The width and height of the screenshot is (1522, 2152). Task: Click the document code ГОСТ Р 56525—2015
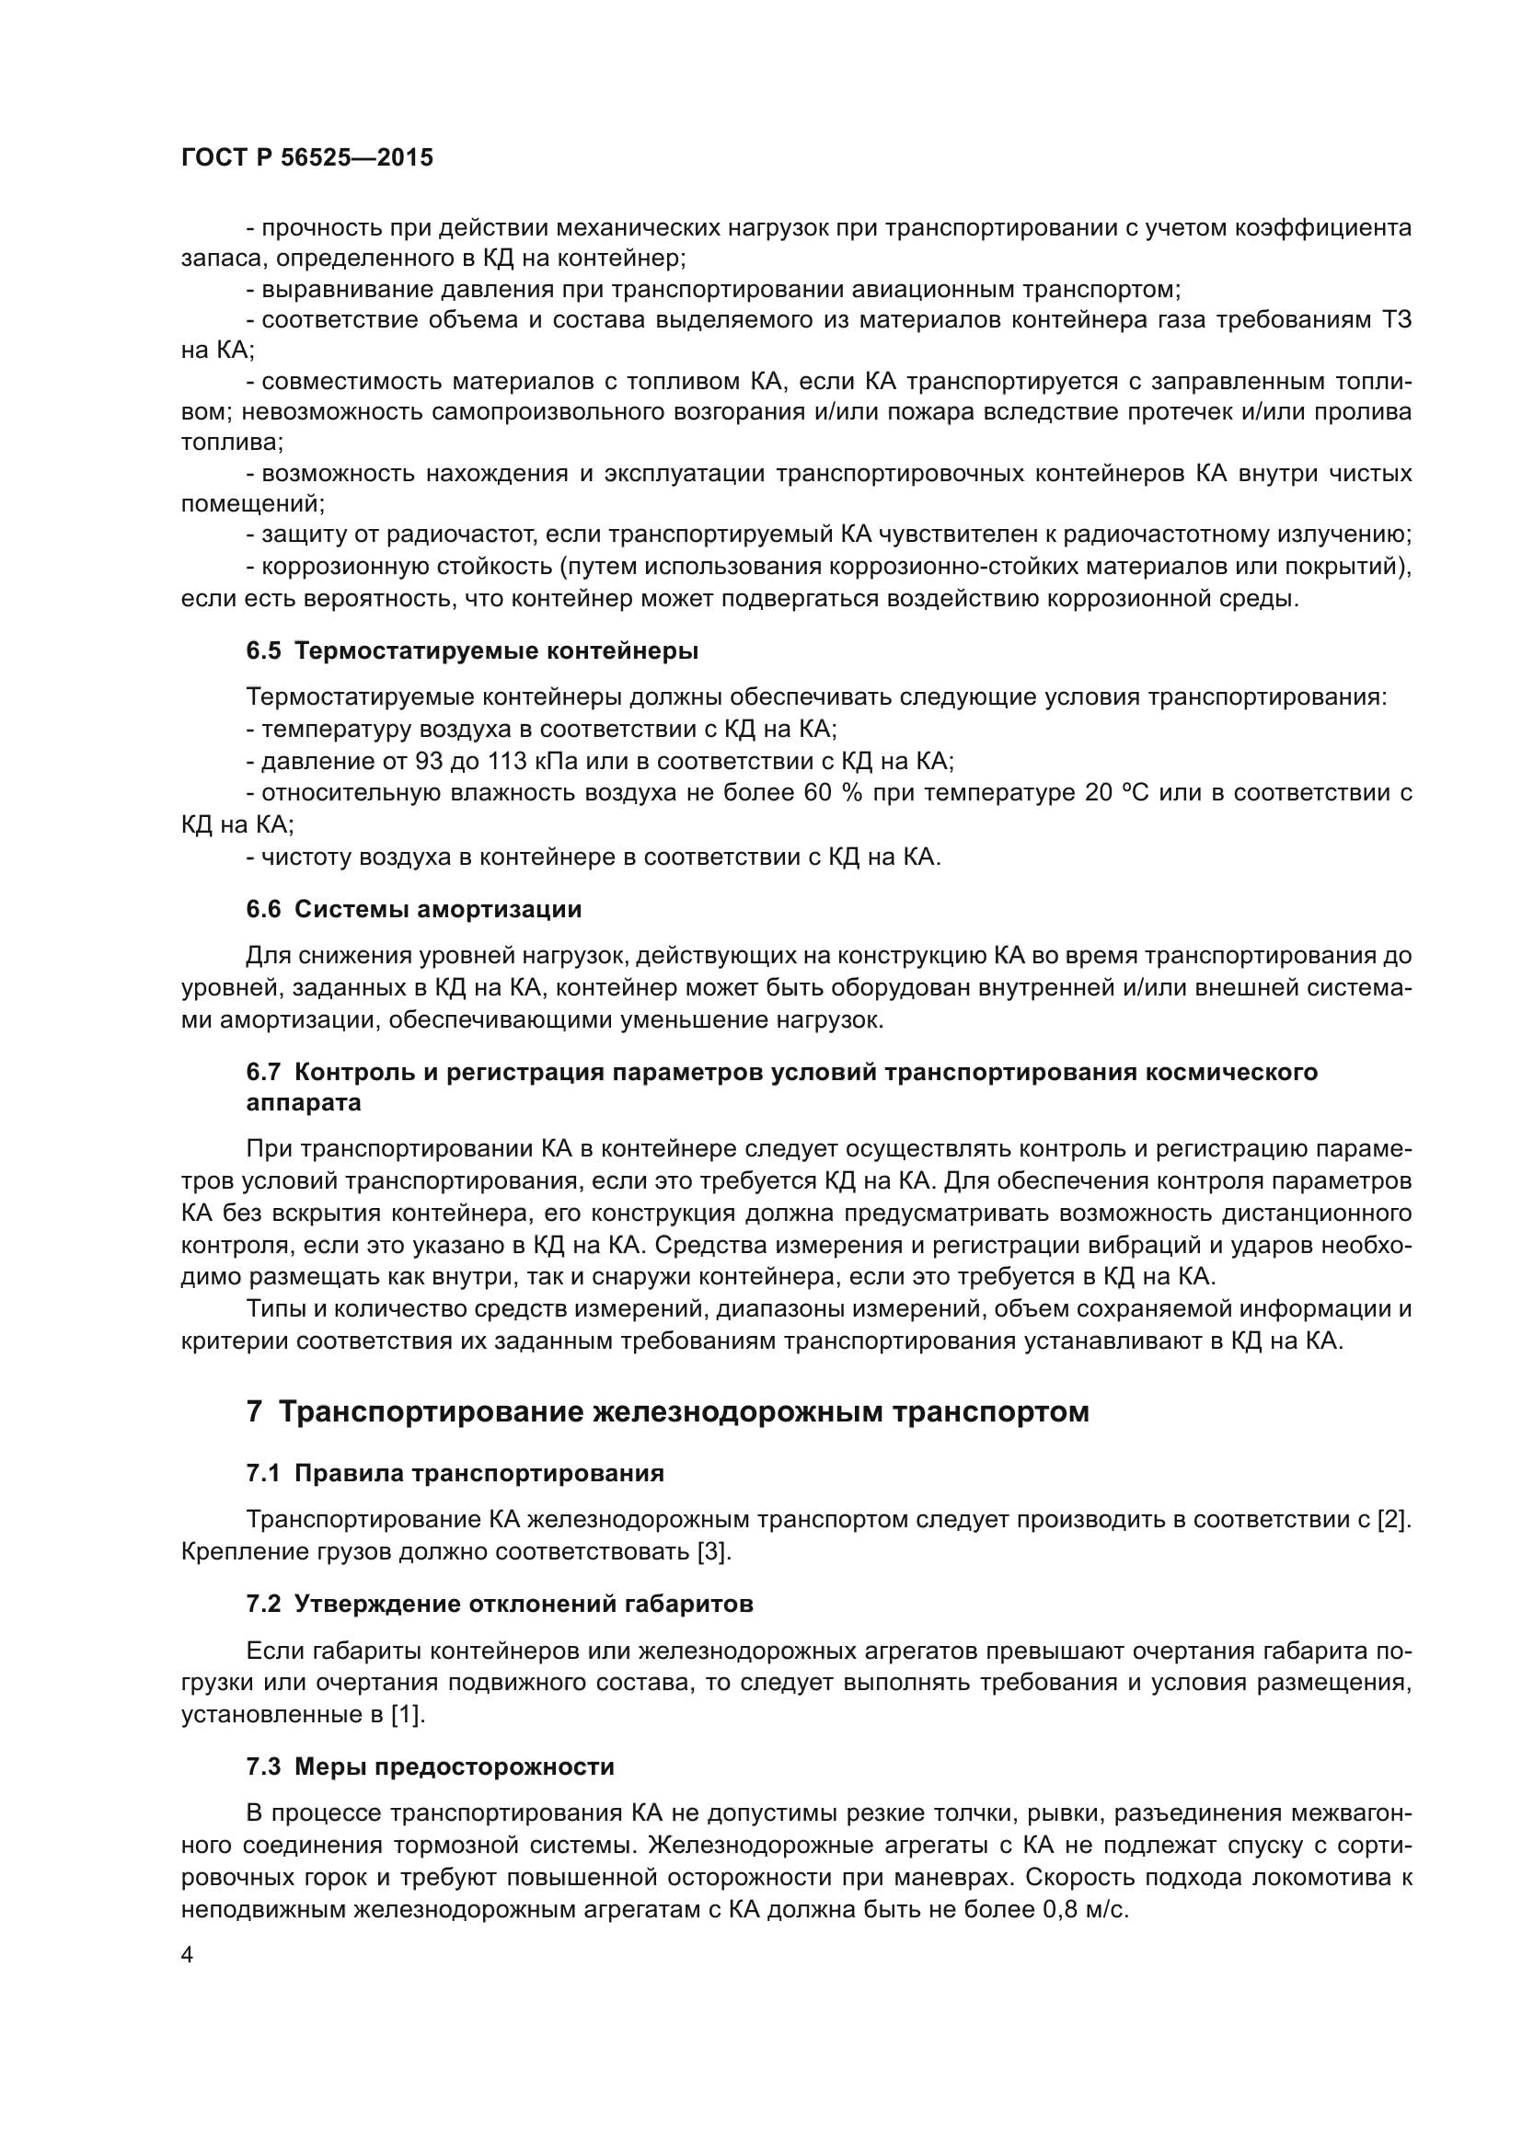tap(306, 157)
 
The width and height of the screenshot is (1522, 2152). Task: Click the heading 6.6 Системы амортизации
tap(413, 908)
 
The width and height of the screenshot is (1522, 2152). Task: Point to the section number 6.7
tap(263, 1071)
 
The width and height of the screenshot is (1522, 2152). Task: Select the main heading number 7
tap(254, 1411)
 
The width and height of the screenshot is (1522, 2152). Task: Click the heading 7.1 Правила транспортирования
tap(455, 1473)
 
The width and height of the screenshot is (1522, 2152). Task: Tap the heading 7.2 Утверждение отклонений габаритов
tap(500, 1604)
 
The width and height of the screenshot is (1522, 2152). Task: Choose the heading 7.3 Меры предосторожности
tap(430, 1766)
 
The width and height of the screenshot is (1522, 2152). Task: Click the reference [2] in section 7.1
tap(1393, 1519)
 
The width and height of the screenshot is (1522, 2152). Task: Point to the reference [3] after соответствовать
tap(713, 1551)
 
